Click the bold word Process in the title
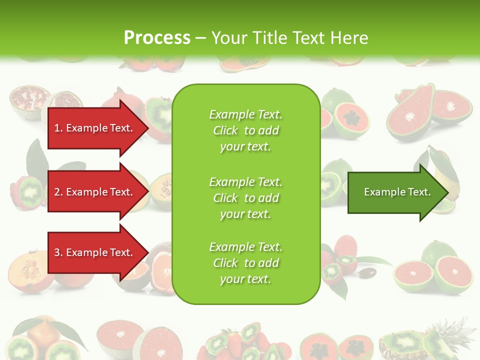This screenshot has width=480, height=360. (157, 37)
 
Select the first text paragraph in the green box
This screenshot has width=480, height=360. (245, 130)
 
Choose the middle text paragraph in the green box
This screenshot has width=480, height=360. (245, 197)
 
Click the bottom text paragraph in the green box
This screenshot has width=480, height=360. (245, 263)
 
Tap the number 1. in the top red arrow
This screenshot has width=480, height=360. (58, 128)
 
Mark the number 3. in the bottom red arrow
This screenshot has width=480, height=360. (58, 252)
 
